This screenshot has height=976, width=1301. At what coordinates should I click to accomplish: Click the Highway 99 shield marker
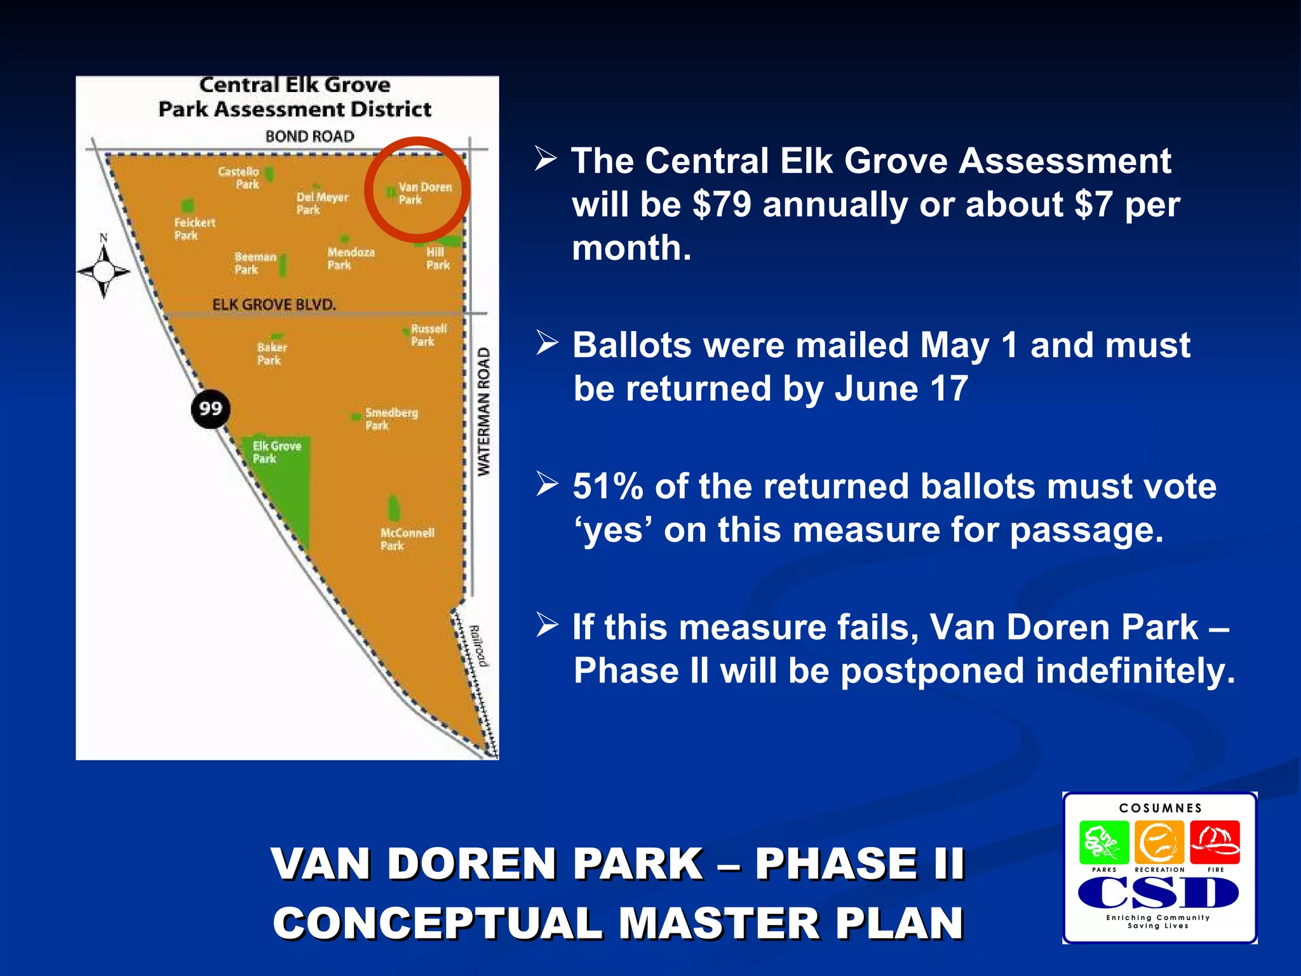[210, 409]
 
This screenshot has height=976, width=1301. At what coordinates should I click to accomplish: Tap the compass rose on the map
[104, 271]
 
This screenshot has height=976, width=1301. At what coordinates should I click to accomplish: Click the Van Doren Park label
[424, 193]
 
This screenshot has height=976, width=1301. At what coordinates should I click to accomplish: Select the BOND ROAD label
[309, 137]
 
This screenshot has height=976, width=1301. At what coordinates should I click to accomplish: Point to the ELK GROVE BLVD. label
[274, 305]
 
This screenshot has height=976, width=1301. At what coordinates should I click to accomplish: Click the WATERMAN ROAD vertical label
[484, 411]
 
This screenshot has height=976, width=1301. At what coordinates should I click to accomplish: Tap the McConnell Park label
[407, 539]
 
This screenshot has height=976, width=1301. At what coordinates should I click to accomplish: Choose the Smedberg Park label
[391, 419]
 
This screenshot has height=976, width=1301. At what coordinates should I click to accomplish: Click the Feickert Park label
[194, 229]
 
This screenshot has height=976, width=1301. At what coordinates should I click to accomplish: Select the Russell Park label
[428, 335]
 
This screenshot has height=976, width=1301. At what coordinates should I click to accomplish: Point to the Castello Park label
[238, 178]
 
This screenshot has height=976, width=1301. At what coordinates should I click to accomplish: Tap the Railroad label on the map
[479, 646]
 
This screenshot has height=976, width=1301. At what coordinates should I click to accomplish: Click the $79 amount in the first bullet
[722, 205]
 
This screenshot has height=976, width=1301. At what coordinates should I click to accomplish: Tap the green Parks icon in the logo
[1104, 843]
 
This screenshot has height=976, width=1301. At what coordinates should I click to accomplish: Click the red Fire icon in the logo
[1215, 843]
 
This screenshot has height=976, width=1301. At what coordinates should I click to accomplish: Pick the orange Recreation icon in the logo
[1159, 843]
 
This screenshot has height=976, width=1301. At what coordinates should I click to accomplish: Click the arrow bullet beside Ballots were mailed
[546, 344]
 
